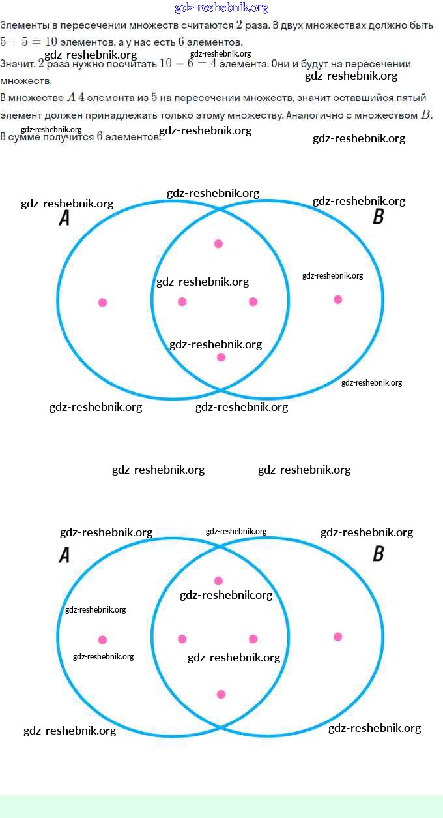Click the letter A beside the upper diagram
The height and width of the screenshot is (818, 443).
point(64,218)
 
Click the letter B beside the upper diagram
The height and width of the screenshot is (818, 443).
point(378,217)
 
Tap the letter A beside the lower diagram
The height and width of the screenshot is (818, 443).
point(64,555)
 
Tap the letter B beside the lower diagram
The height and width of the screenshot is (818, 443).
point(378,554)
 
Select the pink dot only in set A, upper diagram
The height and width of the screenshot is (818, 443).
point(102,302)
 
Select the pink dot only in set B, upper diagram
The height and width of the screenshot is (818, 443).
point(337,299)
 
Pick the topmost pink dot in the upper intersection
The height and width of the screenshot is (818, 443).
point(218,243)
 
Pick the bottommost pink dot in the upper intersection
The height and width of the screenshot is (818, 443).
point(221,357)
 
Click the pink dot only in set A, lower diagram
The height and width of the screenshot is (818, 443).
point(102,639)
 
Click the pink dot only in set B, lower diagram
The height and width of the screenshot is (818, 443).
point(337,637)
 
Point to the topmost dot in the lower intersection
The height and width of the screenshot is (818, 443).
point(218,581)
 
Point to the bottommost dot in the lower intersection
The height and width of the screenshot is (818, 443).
point(221,694)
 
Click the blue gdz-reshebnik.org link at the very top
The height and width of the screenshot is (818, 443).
point(221,8)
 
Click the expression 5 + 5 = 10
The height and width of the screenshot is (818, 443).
point(29,42)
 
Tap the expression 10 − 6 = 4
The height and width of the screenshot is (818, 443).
point(188,64)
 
